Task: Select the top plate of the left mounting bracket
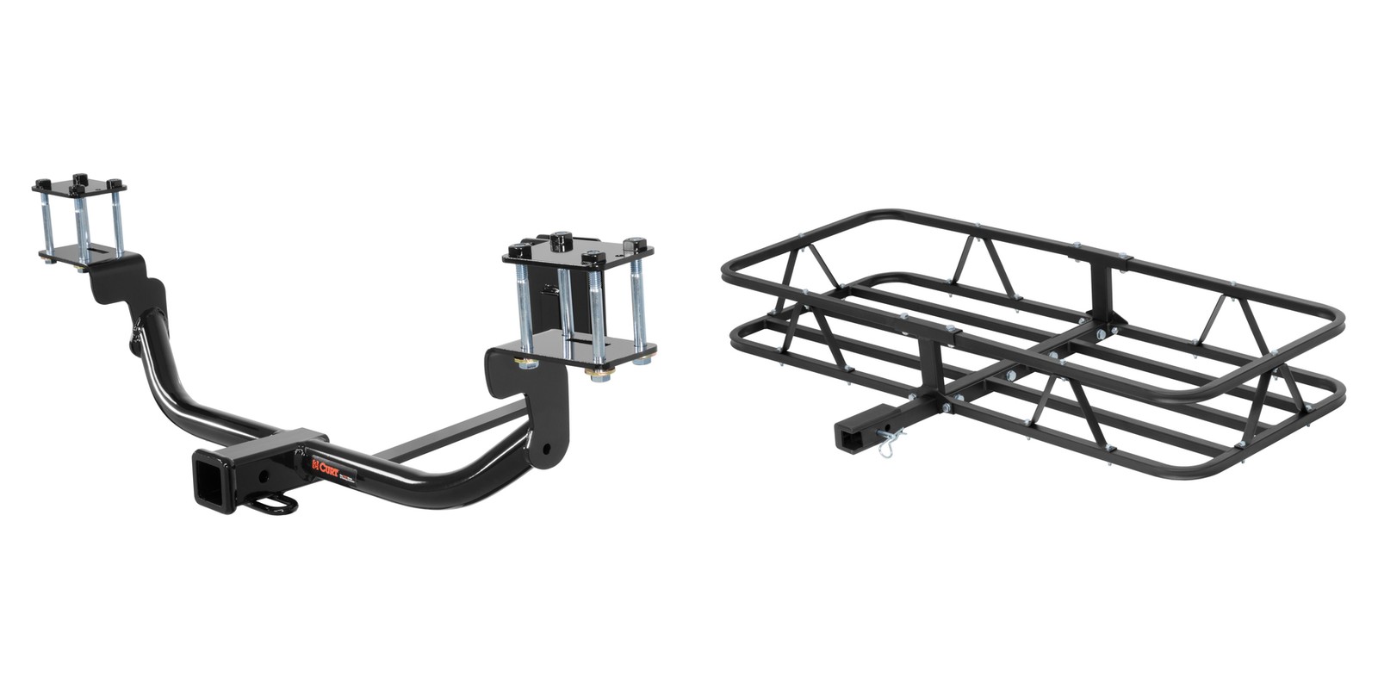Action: pyautogui.click(x=79, y=187)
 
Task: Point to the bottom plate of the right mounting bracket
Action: pyautogui.click(x=586, y=352)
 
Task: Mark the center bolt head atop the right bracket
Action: pyautogui.click(x=562, y=239)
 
